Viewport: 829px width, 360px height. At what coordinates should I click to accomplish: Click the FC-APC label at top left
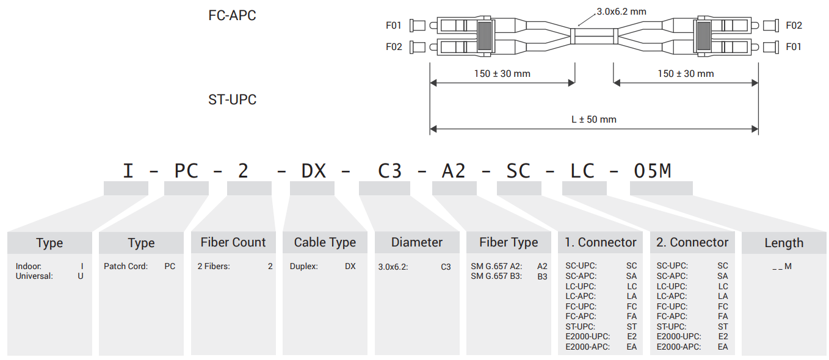click(232, 15)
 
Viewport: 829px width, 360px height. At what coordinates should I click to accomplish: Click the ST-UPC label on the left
click(232, 99)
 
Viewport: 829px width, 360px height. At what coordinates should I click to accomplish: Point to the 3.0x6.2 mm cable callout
click(620, 12)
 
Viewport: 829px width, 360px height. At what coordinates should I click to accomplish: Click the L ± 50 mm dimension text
click(593, 119)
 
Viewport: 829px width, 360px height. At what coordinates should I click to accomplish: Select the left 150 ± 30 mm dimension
click(502, 74)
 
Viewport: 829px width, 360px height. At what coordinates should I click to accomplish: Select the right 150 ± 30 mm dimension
click(685, 74)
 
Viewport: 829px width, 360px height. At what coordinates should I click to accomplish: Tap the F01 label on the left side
click(394, 26)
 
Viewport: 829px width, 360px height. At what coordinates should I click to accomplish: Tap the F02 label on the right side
click(794, 26)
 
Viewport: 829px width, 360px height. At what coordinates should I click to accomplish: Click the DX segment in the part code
click(314, 171)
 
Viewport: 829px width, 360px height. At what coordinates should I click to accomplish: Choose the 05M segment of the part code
click(653, 171)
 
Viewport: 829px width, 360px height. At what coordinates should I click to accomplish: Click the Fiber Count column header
click(233, 242)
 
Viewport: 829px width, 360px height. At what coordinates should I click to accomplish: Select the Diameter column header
click(417, 242)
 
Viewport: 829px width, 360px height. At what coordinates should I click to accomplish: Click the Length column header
click(784, 243)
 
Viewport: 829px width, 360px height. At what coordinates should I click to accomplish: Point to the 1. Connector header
click(600, 242)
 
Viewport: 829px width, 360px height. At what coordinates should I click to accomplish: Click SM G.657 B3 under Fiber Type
click(496, 276)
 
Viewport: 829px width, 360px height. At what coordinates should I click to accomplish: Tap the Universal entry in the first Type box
click(34, 276)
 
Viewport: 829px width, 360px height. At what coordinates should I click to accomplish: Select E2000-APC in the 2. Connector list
click(679, 347)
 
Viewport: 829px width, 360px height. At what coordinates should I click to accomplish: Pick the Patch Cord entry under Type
click(126, 266)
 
